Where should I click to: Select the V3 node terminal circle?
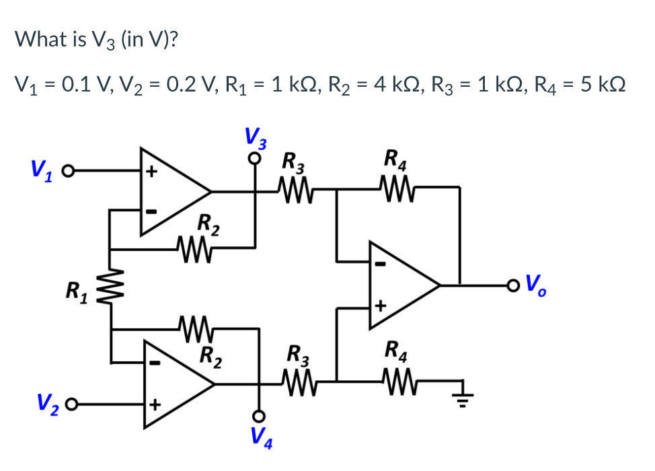click(255, 159)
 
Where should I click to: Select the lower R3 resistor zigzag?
click(297, 384)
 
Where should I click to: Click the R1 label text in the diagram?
click(76, 291)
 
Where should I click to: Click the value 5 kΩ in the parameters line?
click(599, 85)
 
